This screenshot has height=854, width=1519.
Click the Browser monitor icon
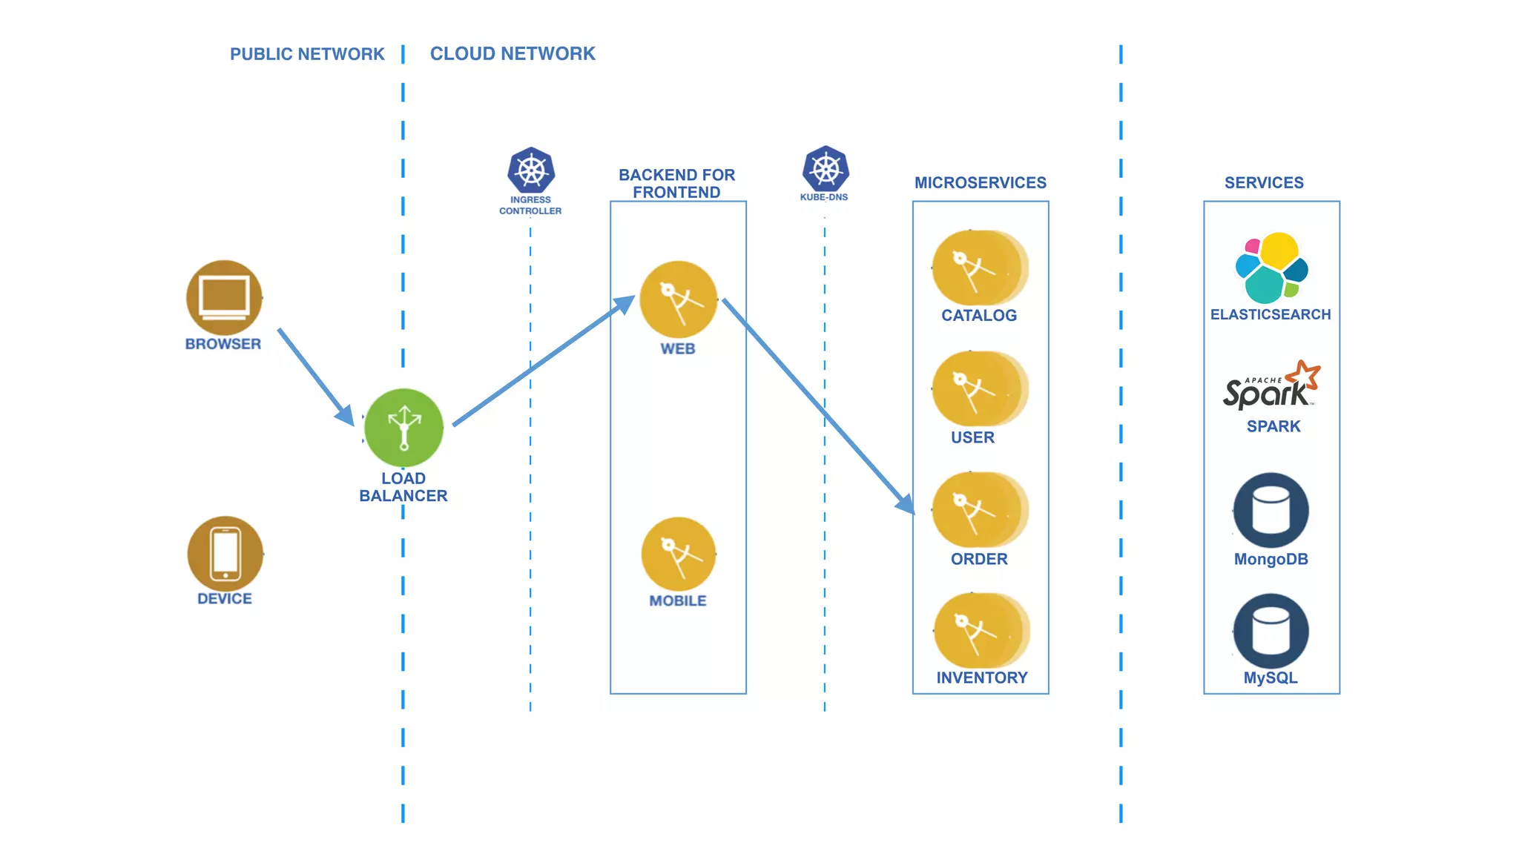[x=224, y=297]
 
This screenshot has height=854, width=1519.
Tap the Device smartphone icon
[x=225, y=553]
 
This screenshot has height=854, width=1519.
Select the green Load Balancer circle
[x=404, y=428]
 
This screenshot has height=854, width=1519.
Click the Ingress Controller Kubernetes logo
[x=531, y=171]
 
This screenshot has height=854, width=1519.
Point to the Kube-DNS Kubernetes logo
[x=825, y=169]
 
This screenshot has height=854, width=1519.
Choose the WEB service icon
[x=678, y=299]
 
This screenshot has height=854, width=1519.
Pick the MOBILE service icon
[x=678, y=554]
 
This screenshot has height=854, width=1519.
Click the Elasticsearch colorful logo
[x=1271, y=268]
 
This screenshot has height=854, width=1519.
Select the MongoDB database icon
[x=1271, y=510]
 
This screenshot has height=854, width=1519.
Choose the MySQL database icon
[x=1271, y=631]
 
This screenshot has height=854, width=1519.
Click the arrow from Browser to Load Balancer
[x=315, y=376]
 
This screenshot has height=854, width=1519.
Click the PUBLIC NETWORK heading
[x=307, y=54]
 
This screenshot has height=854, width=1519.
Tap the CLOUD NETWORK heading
[x=513, y=54]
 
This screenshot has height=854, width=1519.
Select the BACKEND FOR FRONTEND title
[x=676, y=183]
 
